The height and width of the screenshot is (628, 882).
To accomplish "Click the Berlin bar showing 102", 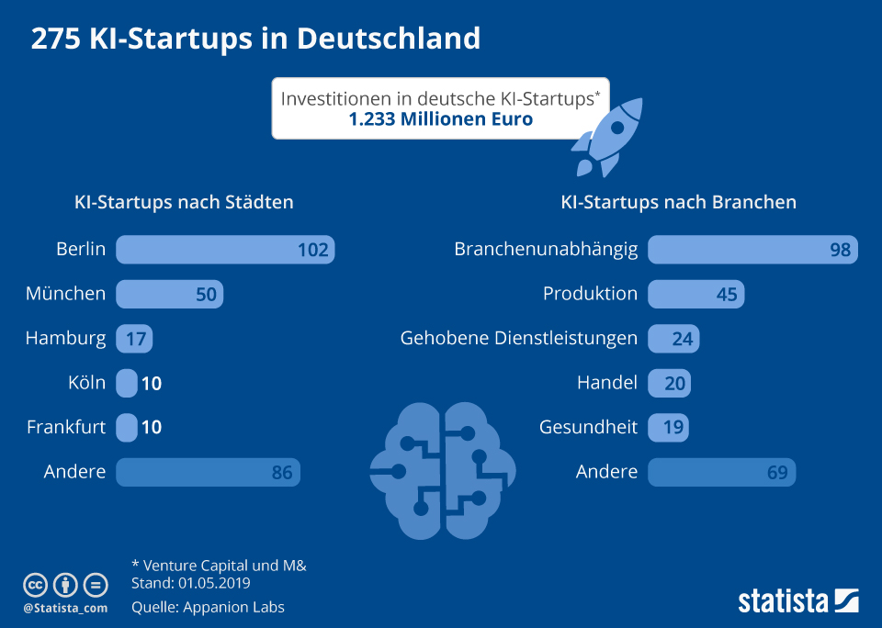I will (225, 249).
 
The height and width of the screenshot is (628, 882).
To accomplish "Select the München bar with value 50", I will (169, 294).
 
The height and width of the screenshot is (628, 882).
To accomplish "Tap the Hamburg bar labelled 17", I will (134, 339).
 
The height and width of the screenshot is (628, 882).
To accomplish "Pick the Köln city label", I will (87, 383).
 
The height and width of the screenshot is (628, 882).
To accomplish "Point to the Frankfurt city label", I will (66, 427).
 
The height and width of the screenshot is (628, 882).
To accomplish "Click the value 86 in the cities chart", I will (282, 473).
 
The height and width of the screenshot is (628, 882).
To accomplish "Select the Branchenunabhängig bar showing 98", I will (752, 249).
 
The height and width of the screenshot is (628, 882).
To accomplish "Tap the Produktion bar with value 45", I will (695, 294).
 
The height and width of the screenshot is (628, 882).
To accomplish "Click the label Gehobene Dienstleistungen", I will (518, 338).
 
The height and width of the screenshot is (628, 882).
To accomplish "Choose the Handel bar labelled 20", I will (669, 383).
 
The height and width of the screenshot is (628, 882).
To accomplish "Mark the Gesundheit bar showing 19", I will (668, 427).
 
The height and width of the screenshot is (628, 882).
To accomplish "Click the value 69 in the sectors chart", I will (777, 473).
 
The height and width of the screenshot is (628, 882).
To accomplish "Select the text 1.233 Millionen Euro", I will (440, 119).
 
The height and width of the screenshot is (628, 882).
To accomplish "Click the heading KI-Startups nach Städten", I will (184, 202).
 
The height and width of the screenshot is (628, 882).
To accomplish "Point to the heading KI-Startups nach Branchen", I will (678, 202).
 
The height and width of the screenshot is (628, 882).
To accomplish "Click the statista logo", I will (797, 601).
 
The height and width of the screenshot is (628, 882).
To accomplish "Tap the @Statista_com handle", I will (65, 608).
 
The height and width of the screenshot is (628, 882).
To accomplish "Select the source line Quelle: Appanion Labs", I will (208, 607).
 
